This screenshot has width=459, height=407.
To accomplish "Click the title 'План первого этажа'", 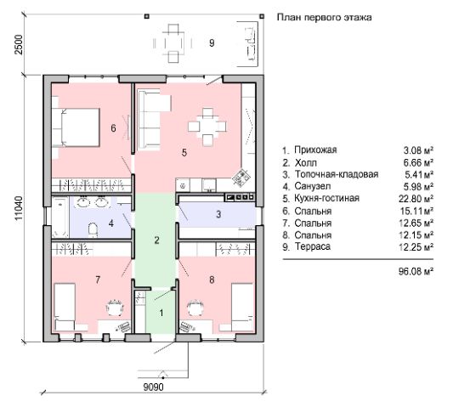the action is tap(325, 17).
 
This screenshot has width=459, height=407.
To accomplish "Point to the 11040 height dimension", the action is tap(19, 208).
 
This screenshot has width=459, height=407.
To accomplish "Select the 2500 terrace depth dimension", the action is tap(19, 44).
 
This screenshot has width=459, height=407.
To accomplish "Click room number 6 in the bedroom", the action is tap(113, 128).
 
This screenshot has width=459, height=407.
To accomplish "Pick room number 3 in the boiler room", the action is tap(218, 214).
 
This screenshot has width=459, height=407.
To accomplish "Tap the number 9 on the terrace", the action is tap(212, 43).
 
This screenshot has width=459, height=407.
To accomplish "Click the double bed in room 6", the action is tap(76, 127).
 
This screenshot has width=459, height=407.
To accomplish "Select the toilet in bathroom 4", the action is tap(93, 229).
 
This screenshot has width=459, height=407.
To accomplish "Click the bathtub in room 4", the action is tap(60, 217).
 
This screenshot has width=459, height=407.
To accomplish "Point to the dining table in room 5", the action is tap(207, 127).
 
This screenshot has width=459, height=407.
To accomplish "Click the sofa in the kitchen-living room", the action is tap(152, 119).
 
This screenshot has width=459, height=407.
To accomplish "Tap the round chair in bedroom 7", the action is tap(115, 308).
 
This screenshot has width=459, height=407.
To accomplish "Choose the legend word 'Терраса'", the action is tap(313, 246).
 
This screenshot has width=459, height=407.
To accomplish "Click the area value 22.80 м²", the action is tap(416, 199).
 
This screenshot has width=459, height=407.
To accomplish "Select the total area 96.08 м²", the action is tap(416, 271).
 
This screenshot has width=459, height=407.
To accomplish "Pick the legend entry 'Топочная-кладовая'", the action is tap(337, 174).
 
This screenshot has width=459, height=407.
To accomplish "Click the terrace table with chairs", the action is tap(173, 43).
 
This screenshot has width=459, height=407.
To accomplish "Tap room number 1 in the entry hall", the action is tap(161, 313).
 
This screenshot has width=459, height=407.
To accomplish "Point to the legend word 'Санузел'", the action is tap(313, 186).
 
